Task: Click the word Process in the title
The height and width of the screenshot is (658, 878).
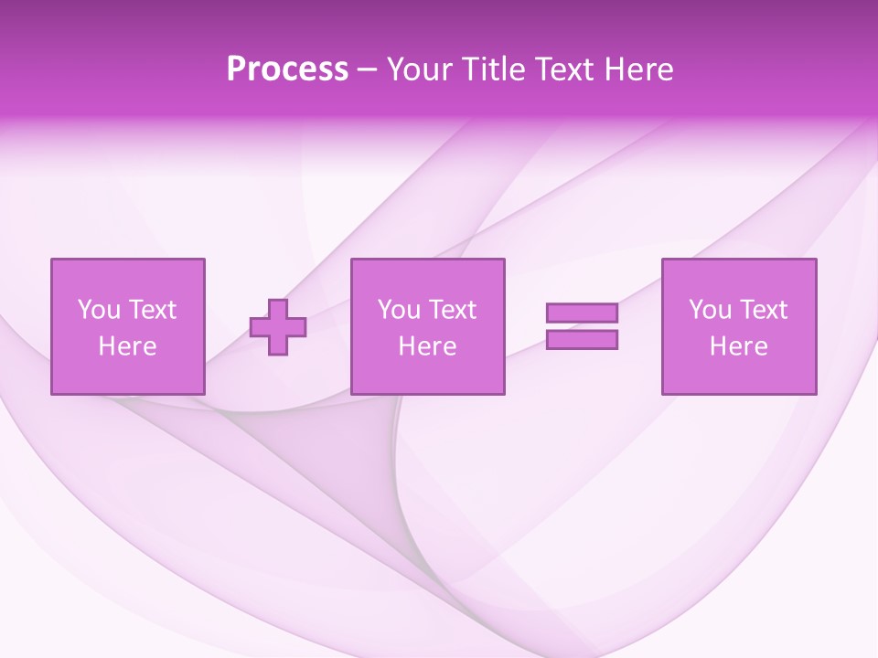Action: coord(287,69)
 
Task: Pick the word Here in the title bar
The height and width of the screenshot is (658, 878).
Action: coord(639,69)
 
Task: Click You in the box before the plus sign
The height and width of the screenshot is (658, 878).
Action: coord(99,310)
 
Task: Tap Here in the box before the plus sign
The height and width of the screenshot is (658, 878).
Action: coord(127,346)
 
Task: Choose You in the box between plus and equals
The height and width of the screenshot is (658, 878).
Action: coord(399,310)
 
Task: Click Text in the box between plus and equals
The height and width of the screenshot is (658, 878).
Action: coord(452,310)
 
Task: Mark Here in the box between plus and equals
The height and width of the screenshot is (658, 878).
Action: coord(427,346)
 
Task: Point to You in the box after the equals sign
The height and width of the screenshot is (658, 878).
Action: coord(710,310)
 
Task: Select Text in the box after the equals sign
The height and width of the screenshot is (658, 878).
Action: coord(763,310)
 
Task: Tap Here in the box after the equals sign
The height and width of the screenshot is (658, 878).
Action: coord(738,346)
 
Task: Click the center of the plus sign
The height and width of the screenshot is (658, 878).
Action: coord(278,326)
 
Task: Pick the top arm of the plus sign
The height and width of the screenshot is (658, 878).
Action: coord(278,307)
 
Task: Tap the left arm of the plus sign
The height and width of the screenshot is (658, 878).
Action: coord(259,326)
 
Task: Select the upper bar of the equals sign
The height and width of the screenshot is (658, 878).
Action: coord(582,313)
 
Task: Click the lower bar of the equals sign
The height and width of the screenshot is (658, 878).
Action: coord(582,340)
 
